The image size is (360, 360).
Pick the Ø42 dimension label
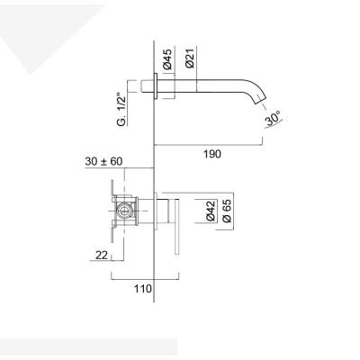(x=211, y=212)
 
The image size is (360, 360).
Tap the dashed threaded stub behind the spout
(x=146, y=88)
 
